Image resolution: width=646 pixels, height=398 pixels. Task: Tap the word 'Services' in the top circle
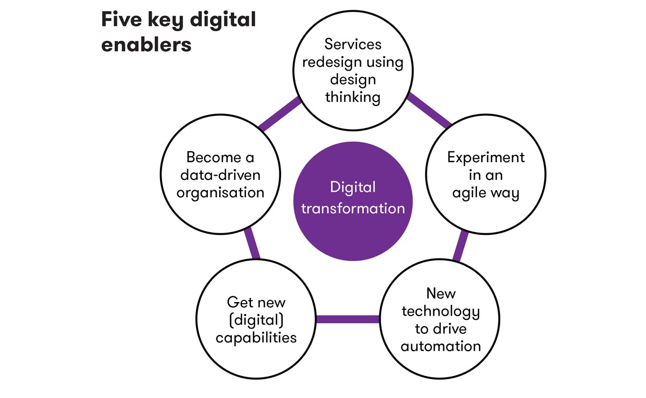click(353, 44)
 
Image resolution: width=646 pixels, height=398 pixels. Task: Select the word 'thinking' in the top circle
click(353, 97)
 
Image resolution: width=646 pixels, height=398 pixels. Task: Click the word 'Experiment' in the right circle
click(486, 157)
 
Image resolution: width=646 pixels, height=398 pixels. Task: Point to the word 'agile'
click(470, 193)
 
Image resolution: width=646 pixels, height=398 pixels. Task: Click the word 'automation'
click(440, 346)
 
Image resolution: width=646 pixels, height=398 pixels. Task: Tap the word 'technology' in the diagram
click(440, 311)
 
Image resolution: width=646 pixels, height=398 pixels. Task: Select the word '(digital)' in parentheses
click(256, 320)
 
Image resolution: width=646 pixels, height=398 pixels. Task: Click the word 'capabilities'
click(256, 338)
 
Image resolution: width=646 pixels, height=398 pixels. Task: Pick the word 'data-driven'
click(220, 175)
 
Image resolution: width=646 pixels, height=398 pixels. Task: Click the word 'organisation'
click(220, 192)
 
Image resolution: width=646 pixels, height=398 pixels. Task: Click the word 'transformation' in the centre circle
click(353, 208)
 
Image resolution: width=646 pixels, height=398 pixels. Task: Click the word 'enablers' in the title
click(146, 44)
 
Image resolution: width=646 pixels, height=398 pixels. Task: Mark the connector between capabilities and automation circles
click(347, 319)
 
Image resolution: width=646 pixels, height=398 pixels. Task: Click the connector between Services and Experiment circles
click(430, 110)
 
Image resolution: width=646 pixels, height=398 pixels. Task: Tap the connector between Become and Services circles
click(279, 114)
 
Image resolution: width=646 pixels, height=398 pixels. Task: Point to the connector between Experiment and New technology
click(459, 245)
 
